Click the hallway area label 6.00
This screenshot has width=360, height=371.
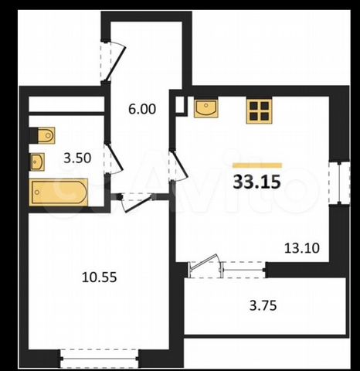point(142,109)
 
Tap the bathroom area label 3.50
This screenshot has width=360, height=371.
point(77,158)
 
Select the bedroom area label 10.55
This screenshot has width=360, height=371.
point(99,277)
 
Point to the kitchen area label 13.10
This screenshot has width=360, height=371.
point(302,248)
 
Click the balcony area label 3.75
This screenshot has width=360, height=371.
point(263,306)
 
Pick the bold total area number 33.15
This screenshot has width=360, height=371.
point(256,182)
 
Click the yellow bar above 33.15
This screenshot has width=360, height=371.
point(257,165)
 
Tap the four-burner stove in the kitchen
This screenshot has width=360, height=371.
point(259,111)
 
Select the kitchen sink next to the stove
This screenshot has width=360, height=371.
point(206,108)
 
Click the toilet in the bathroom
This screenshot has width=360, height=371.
point(46,135)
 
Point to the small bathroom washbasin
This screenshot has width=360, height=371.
point(38,162)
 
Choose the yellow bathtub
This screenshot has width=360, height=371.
point(59,192)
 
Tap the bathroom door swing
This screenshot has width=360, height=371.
point(114,158)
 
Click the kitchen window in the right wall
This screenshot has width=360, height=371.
point(340,183)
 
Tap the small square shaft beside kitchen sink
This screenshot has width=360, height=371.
point(180,104)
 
